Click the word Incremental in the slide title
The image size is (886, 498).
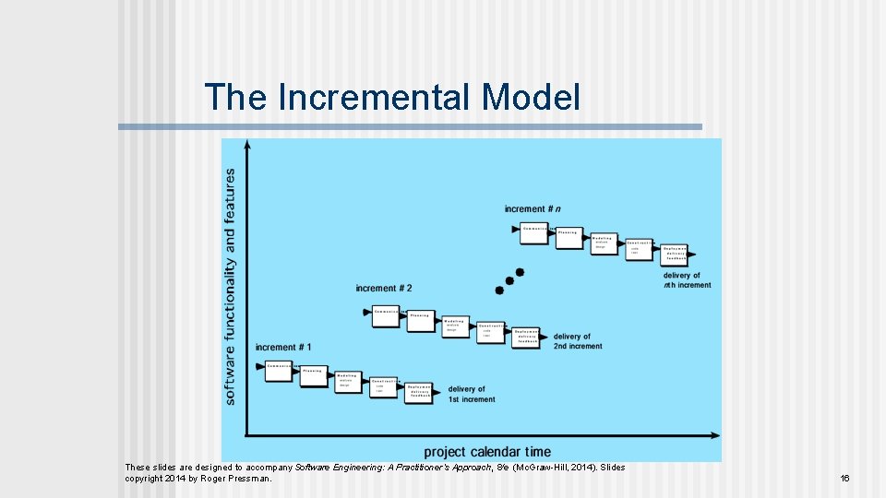379,97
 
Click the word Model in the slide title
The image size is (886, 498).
532,97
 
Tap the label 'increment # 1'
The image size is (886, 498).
283,348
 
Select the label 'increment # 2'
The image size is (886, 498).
384,289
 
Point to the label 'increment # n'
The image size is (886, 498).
533,209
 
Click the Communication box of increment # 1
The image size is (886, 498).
279,371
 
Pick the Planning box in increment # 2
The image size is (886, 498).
420,321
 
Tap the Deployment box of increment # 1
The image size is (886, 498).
420,391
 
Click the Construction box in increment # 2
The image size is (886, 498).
491,332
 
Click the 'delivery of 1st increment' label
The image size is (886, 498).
472,395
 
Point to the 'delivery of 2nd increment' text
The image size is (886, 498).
578,342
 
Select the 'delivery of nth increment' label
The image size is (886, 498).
688,280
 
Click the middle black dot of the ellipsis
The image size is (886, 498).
509,281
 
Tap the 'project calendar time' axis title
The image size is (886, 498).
487,452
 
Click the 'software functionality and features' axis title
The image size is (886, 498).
230,286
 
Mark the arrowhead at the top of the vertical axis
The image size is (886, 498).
246,145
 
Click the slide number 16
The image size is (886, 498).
844,479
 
